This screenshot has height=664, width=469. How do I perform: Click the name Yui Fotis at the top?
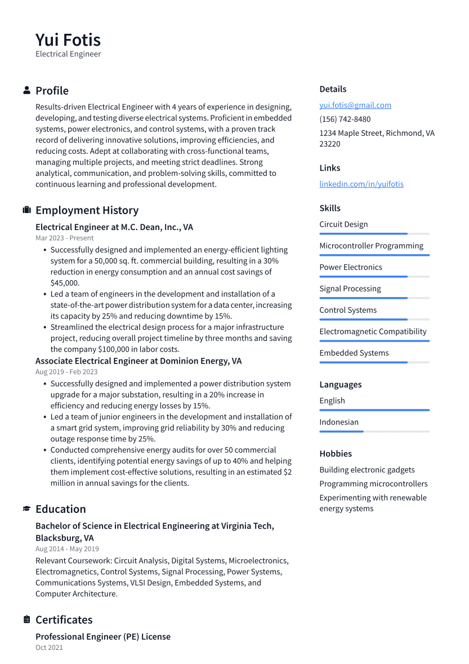point(68,40)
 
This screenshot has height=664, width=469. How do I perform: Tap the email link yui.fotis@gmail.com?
point(355,105)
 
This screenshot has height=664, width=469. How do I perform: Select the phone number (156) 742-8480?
point(345,119)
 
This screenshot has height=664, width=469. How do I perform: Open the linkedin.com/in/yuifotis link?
point(361,184)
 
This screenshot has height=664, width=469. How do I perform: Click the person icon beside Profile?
point(26,90)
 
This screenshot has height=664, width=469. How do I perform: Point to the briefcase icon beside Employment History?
point(26,210)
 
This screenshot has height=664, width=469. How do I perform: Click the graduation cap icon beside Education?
point(26,509)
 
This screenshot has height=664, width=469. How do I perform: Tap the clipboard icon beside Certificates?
point(26,619)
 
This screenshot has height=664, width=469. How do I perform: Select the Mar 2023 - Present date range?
point(64,238)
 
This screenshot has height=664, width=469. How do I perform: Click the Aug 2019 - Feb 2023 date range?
point(66,372)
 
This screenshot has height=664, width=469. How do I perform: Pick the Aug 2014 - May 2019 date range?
point(67,549)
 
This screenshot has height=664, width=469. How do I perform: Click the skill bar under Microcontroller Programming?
point(374,255)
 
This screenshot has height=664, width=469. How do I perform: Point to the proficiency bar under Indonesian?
point(374,432)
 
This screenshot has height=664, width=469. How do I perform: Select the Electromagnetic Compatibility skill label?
point(373,331)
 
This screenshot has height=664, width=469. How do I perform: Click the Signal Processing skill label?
point(350,289)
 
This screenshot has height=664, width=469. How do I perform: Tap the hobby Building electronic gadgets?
point(367,470)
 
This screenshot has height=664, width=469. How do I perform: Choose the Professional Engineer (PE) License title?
point(103,636)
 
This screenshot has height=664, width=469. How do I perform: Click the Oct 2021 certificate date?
point(49,648)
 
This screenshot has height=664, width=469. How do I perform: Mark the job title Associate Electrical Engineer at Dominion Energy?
point(139,361)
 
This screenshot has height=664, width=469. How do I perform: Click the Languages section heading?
point(340,384)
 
